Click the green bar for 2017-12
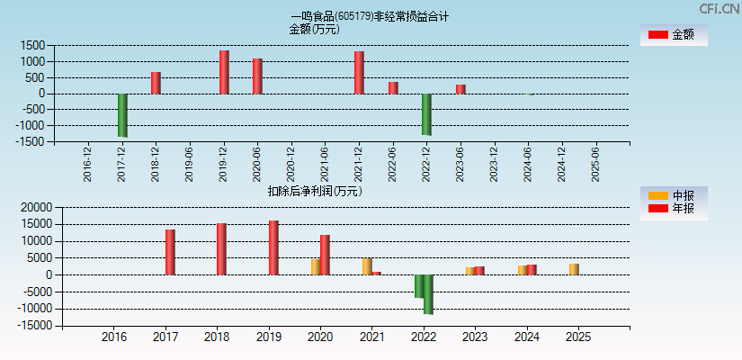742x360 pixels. point(122,115)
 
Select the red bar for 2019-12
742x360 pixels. point(224,72)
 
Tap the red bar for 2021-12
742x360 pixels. point(359,73)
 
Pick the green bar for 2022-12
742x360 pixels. point(426,114)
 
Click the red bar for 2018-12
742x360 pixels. point(156,83)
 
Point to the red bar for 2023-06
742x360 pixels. point(460,89)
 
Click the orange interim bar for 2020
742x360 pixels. point(316,267)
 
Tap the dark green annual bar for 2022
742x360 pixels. point(429,294)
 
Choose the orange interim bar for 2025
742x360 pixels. point(574,269)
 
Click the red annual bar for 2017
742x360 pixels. point(170,252)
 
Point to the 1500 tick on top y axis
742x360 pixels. point(33,46)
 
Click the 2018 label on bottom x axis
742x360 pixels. point(217,337)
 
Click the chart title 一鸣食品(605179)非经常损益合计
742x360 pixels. point(370,16)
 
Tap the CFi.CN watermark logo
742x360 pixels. point(718,9)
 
